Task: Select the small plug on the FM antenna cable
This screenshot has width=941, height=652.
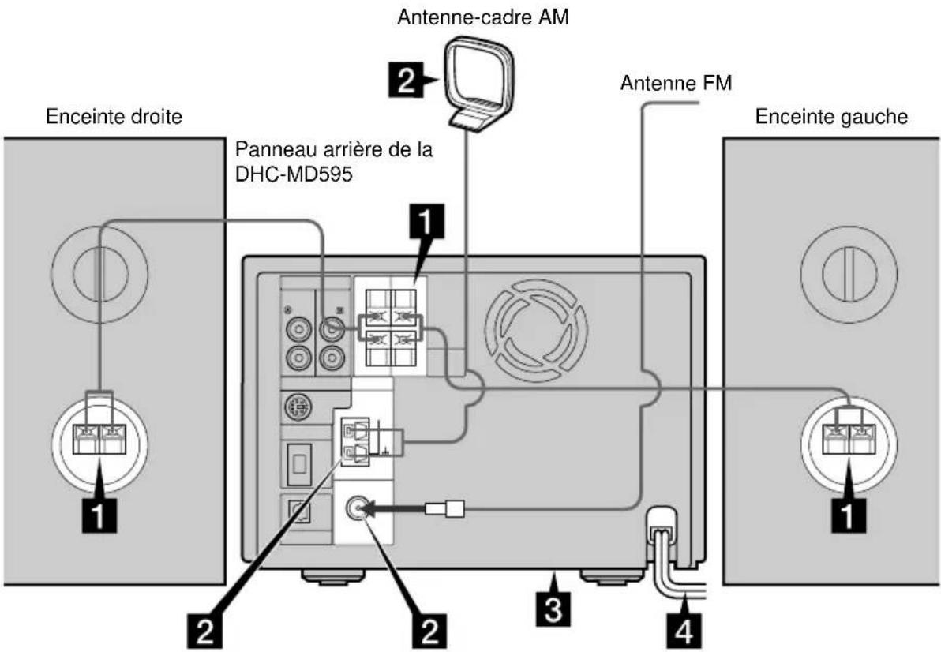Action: pyautogui.click(x=448, y=510)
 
